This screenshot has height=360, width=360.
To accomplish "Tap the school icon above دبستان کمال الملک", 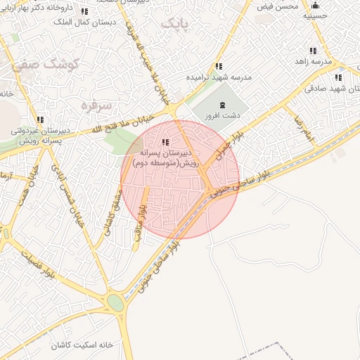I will (x=84, y=12).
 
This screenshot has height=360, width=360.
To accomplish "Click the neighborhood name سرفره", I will (x=96, y=106).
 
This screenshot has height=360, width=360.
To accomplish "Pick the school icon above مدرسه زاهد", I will (x=313, y=51).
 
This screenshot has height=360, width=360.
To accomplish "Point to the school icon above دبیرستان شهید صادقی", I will (x=338, y=77).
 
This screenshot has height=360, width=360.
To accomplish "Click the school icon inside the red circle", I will (x=165, y=142).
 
